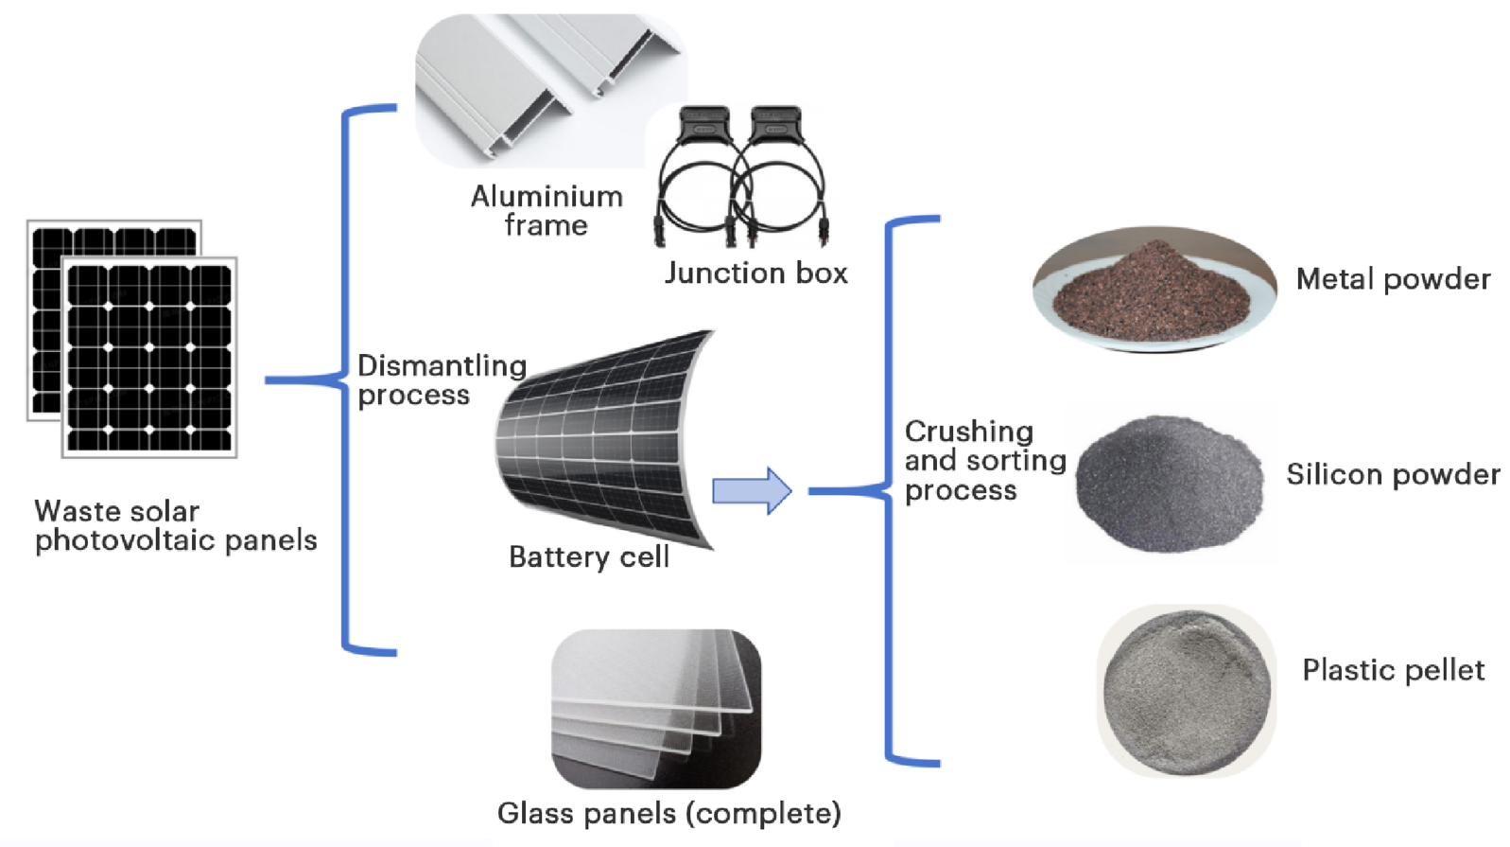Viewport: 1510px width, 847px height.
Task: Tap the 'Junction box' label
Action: (755, 273)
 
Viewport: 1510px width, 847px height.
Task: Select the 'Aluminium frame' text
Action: (547, 210)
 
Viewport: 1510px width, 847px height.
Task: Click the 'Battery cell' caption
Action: (588, 556)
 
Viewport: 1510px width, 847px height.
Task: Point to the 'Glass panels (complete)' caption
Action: (668, 813)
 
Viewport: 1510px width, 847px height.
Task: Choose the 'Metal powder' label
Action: (1392, 279)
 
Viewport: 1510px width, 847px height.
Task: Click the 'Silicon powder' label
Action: (1392, 474)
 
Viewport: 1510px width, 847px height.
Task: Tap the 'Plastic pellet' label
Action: (1392, 670)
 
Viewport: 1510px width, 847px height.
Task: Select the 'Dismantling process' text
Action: (441, 379)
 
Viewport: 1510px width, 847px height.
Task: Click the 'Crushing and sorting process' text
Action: (983, 461)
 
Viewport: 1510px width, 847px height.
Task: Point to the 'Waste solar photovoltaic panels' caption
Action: (175, 525)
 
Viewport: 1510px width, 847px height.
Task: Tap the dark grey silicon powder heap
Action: (1171, 483)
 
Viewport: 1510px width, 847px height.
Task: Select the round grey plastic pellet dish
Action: (1186, 691)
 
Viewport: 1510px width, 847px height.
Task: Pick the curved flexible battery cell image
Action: (605, 440)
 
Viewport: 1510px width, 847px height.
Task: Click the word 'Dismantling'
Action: (441, 365)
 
